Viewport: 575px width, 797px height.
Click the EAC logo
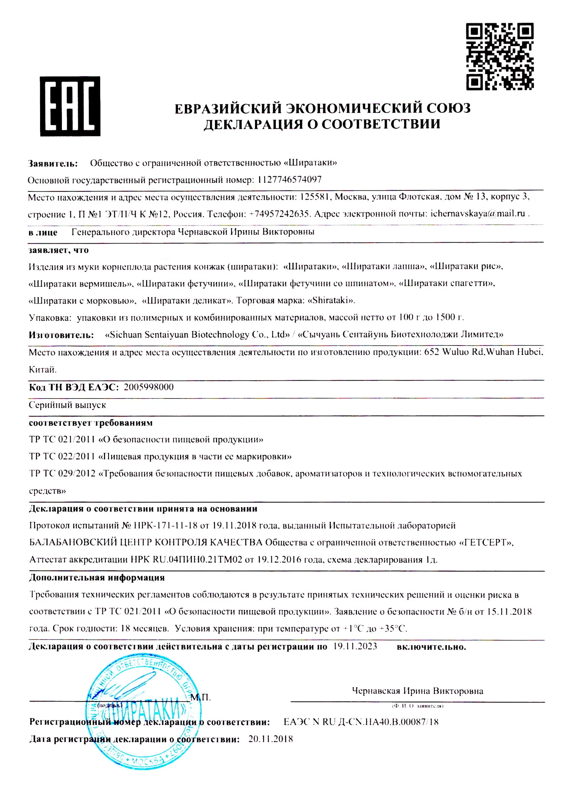tap(70, 106)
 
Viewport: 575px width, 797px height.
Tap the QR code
tap(500, 56)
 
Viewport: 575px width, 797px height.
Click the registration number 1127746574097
tap(289, 180)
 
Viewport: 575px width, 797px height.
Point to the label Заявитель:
tap(53, 163)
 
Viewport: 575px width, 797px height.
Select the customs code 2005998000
tap(149, 387)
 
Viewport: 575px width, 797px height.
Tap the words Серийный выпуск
tap(67, 405)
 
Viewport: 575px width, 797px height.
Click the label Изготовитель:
tap(61, 335)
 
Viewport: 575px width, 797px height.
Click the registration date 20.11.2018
tap(270, 739)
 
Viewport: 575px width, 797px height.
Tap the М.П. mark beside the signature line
tap(201, 697)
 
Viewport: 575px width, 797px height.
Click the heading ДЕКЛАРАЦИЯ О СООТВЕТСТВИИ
tap(322, 124)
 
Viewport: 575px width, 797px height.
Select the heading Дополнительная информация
tap(97, 577)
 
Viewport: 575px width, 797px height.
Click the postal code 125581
tap(315, 197)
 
